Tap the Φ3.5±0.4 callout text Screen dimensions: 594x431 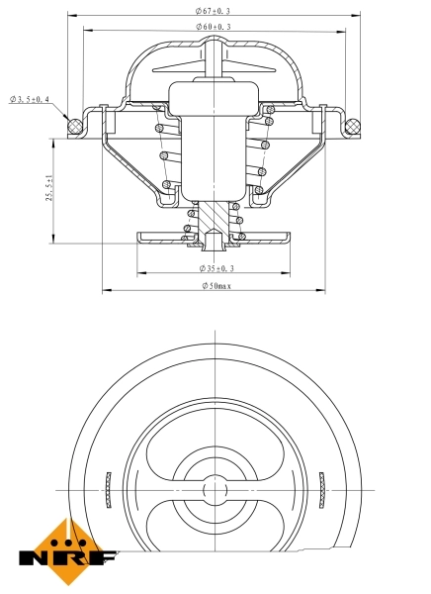pyautogui.click(x=30, y=99)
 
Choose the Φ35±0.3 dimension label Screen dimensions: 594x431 pyautogui.click(x=215, y=267)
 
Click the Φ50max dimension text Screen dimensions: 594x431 pyautogui.click(x=215, y=286)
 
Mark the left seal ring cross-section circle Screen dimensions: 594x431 pyautogui.click(x=70, y=125)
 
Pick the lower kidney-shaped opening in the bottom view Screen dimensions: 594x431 pyautogui.click(x=214, y=535)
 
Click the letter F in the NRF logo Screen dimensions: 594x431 pyautogui.click(x=104, y=559)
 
